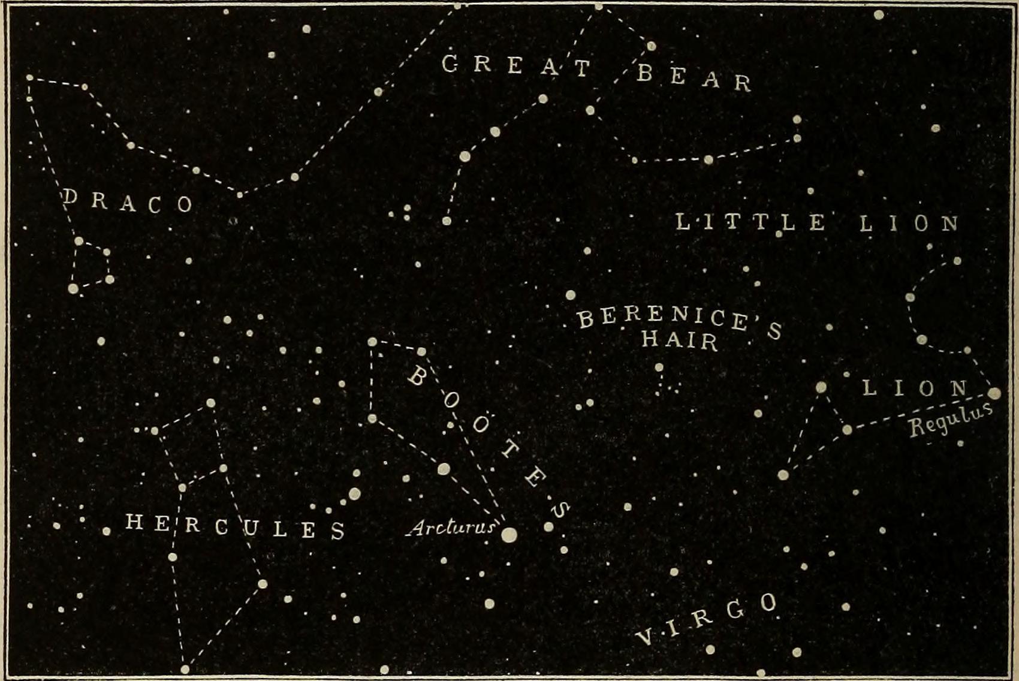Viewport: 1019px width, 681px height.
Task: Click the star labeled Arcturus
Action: pyautogui.click(x=509, y=535)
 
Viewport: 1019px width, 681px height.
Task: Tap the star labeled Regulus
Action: pyautogui.click(x=994, y=394)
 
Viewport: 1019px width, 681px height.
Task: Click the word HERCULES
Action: pyautogui.click(x=235, y=527)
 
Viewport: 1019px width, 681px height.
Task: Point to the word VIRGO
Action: pyautogui.click(x=707, y=619)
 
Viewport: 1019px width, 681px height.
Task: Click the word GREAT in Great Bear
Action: pyautogui.click(x=517, y=65)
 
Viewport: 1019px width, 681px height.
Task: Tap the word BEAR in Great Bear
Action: pyautogui.click(x=694, y=78)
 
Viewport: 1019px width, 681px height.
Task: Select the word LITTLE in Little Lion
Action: pyautogui.click(x=751, y=222)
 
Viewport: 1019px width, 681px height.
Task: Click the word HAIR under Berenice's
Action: pyautogui.click(x=680, y=340)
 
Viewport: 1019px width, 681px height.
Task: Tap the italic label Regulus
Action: pyautogui.click(x=949, y=420)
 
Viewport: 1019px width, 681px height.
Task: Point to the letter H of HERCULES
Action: pyautogui.click(x=134, y=522)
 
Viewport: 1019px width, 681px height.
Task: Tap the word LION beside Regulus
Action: pyautogui.click(x=915, y=388)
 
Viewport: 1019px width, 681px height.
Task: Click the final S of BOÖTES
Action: pyautogui.click(x=559, y=510)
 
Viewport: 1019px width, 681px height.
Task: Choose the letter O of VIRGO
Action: pyautogui.click(x=768, y=602)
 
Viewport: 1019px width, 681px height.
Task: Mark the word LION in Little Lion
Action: pyautogui.click(x=909, y=224)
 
